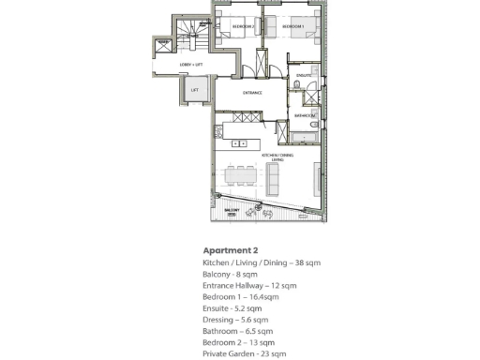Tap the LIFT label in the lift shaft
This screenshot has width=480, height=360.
coord(195,90)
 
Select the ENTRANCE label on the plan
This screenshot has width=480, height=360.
coord(252,93)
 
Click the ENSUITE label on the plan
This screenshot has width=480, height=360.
coord(304,73)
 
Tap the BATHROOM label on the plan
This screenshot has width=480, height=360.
coord(304,115)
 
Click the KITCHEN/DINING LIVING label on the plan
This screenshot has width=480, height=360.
coord(277,157)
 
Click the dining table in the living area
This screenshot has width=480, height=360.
coord(240,175)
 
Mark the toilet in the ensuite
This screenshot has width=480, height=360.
coord(296,87)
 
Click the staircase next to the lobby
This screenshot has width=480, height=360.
coord(193,35)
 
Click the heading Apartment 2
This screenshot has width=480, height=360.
coord(230,250)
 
